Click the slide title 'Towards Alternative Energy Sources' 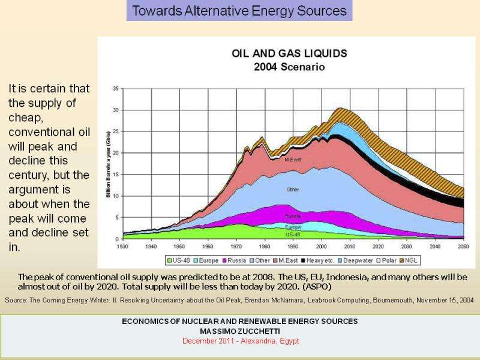(x=239, y=11)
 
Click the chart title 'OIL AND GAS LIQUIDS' (x=289, y=53)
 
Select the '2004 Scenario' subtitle (x=289, y=67)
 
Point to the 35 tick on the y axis (x=114, y=88)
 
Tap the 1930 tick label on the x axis (x=123, y=246)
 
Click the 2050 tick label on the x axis (x=463, y=246)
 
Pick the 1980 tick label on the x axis (x=265, y=246)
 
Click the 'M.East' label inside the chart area (x=293, y=160)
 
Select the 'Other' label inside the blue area (x=293, y=190)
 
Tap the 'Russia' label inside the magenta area (x=293, y=215)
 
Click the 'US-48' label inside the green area (x=293, y=235)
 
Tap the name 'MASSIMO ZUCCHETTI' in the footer (x=239, y=331)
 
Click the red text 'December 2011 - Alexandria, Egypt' (x=239, y=341)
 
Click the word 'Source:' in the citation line (x=16, y=299)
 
